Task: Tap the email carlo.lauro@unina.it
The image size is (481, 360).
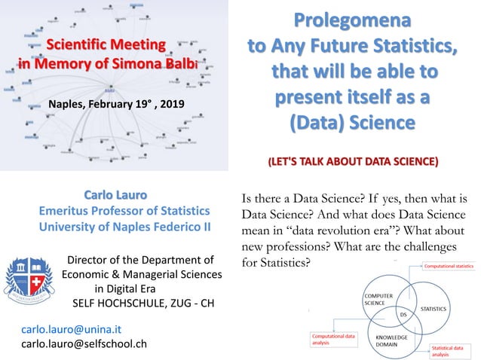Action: pyautogui.click(x=72, y=330)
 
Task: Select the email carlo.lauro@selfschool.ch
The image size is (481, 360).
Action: pyautogui.click(x=84, y=344)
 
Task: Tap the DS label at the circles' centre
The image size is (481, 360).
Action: pyautogui.click(x=403, y=314)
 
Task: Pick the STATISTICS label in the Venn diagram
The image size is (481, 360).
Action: pyautogui.click(x=433, y=309)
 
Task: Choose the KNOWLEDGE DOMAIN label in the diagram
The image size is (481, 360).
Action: pyautogui.click(x=392, y=341)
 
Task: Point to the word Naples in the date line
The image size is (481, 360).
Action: pyautogui.click(x=66, y=103)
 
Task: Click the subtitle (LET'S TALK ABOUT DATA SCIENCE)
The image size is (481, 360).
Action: pyautogui.click(x=353, y=161)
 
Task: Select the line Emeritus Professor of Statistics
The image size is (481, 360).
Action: pyautogui.click(x=124, y=210)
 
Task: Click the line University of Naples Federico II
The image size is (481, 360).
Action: pyautogui.click(x=124, y=226)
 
